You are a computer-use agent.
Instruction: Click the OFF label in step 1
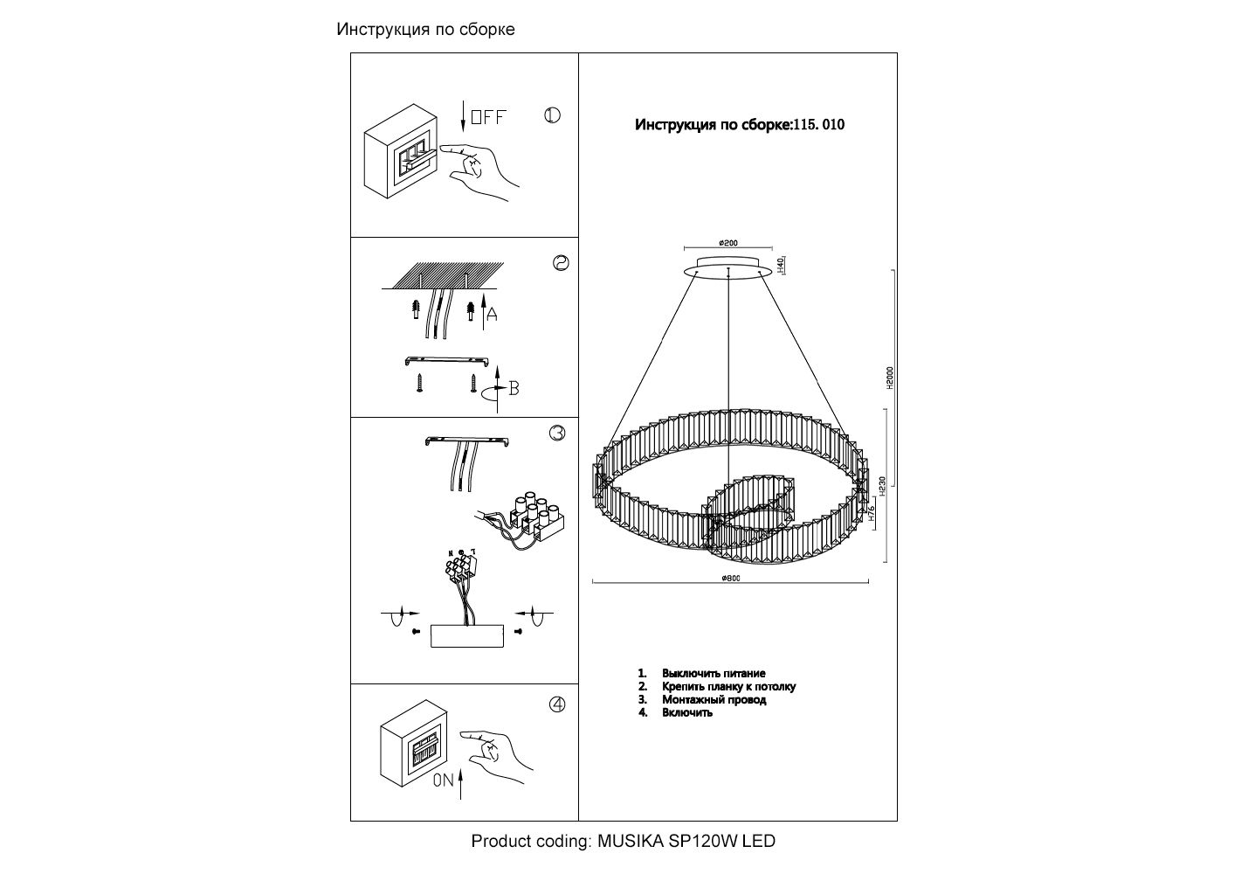pyautogui.click(x=488, y=117)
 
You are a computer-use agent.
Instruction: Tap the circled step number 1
pyautogui.click(x=552, y=115)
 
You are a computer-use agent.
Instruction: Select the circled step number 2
pyautogui.click(x=561, y=262)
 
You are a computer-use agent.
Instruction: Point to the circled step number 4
pyautogui.click(x=557, y=704)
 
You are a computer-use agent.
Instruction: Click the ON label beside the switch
pyautogui.click(x=443, y=780)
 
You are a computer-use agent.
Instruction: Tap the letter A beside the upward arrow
pyautogui.click(x=492, y=316)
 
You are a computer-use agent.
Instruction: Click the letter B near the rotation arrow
pyautogui.click(x=514, y=389)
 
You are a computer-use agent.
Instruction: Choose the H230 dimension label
pyautogui.click(x=883, y=486)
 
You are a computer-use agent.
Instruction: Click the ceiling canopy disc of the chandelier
pyautogui.click(x=729, y=267)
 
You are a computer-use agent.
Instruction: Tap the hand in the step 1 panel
pyautogui.click(x=482, y=172)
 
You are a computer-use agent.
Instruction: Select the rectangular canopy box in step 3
pyautogui.click(x=467, y=635)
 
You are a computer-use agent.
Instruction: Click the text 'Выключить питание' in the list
pyautogui.click(x=714, y=673)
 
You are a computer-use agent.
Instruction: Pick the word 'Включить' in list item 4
pyautogui.click(x=687, y=712)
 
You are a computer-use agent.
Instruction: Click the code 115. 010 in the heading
pyautogui.click(x=818, y=124)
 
